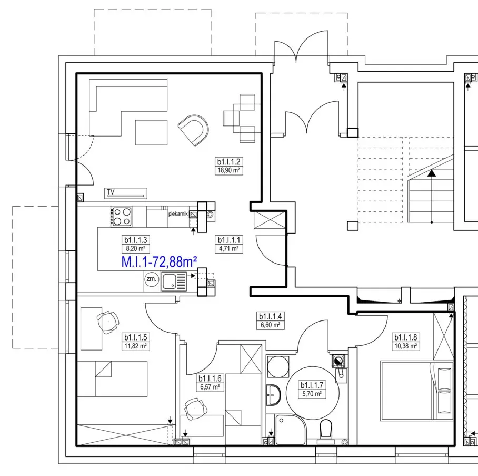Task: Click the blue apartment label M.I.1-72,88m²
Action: (x=159, y=261)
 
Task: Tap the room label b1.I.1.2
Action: (x=228, y=161)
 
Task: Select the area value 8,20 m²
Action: (x=135, y=248)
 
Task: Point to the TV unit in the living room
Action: (x=126, y=193)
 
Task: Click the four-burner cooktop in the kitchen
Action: (x=122, y=217)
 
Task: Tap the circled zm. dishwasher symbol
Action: (x=152, y=279)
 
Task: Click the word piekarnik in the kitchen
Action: (x=178, y=213)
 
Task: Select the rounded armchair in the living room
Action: (x=194, y=130)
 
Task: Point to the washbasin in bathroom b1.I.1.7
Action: (x=273, y=395)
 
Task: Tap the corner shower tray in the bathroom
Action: (x=291, y=429)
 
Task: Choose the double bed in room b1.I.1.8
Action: (x=416, y=391)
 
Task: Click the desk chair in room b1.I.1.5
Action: (x=107, y=322)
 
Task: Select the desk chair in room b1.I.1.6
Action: (x=195, y=409)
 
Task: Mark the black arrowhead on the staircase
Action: (x=431, y=173)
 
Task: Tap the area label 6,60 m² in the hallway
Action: (x=270, y=325)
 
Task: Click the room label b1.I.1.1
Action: (x=228, y=240)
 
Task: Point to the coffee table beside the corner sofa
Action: (x=151, y=132)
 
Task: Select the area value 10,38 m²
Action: (x=405, y=346)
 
